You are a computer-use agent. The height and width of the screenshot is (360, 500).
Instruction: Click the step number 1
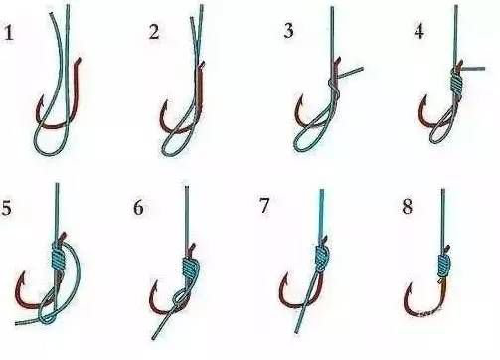click(9, 34)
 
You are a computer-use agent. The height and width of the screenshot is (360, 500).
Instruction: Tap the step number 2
click(154, 32)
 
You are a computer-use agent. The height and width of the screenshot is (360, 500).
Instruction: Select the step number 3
click(288, 31)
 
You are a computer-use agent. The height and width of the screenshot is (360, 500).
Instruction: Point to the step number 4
click(419, 31)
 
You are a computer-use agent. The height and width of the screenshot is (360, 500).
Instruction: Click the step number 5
click(6, 208)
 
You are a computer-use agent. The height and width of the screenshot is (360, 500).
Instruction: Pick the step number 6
click(138, 208)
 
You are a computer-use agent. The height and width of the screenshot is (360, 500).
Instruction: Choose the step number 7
click(264, 206)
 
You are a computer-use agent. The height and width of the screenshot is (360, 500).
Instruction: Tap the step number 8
click(408, 207)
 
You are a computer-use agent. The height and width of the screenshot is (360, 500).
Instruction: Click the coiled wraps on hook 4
click(456, 84)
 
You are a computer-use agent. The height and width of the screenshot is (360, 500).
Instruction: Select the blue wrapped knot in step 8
click(443, 266)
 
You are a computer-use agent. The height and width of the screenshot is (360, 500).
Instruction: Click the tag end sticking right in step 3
click(351, 71)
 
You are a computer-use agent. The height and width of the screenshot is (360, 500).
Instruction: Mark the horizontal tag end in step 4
click(473, 69)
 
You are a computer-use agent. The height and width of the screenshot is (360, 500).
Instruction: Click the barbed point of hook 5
click(24, 273)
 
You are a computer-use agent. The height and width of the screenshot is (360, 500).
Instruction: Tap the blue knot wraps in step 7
click(321, 258)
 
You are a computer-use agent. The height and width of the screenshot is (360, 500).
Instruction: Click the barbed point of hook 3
click(302, 96)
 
